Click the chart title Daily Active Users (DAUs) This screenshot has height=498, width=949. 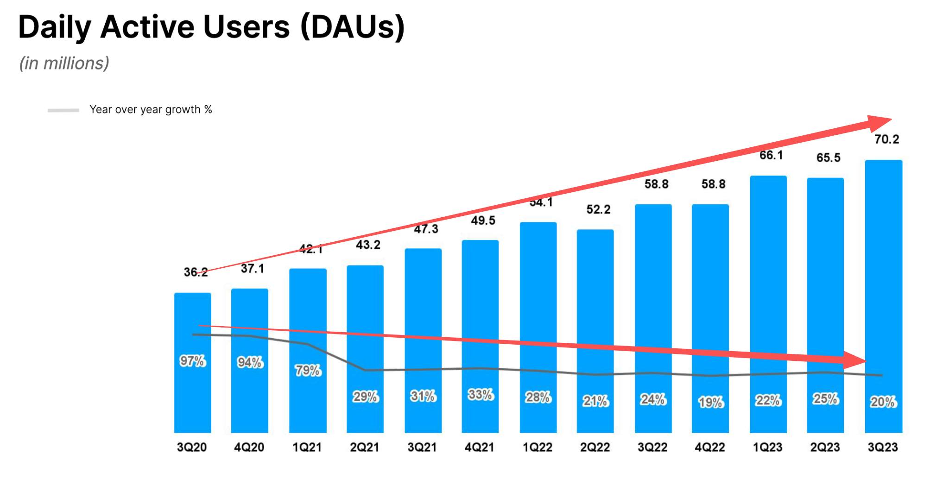(x=211, y=27)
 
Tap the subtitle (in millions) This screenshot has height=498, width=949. (x=64, y=63)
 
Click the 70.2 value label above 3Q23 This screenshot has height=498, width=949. (x=886, y=139)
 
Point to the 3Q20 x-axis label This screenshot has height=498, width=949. (x=192, y=447)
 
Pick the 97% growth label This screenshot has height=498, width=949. (x=192, y=361)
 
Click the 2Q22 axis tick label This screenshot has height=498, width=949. (x=595, y=447)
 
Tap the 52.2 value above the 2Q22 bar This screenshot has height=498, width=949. (x=598, y=209)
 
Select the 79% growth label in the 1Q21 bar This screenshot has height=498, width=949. (x=308, y=371)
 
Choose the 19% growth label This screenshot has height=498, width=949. (x=710, y=402)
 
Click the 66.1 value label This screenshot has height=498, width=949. (x=771, y=155)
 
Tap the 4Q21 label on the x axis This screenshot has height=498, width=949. (x=480, y=447)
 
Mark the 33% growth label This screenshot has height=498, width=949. (x=481, y=395)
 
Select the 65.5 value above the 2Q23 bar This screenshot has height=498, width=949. (x=828, y=158)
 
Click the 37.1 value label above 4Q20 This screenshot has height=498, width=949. (x=252, y=269)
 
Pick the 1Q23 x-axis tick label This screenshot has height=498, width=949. (x=767, y=447)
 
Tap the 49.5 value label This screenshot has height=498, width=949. (x=483, y=221)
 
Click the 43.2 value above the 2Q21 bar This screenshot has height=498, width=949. (x=368, y=245)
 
